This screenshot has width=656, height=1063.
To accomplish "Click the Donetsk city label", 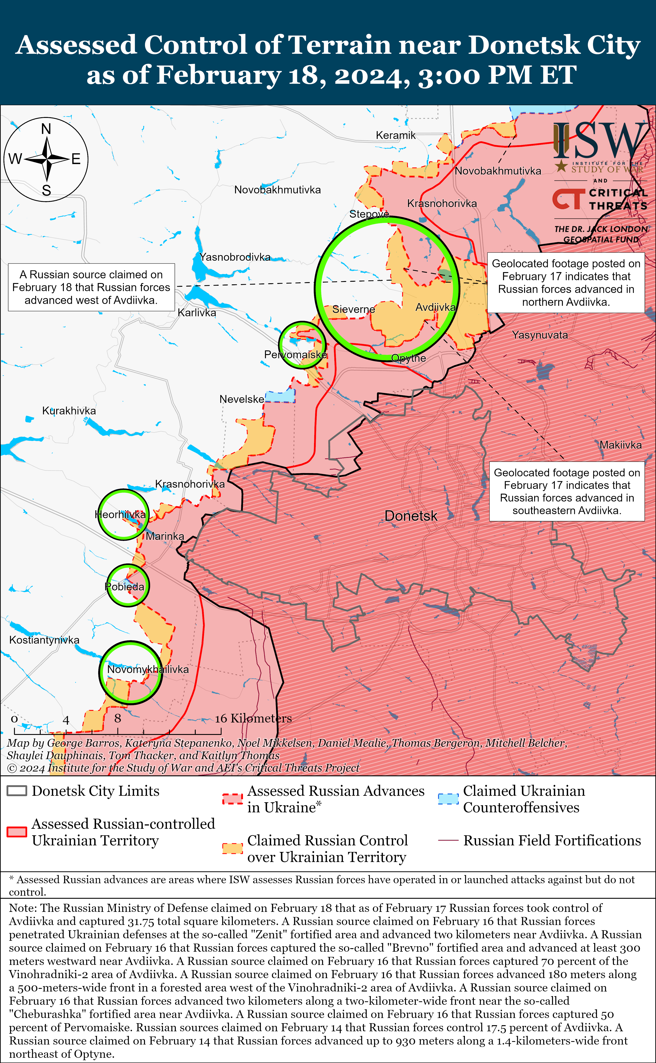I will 411,516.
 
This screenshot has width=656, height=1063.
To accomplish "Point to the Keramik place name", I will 396,135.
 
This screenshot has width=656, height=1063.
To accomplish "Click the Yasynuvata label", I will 540,335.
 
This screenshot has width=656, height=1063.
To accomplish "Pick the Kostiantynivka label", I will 44,640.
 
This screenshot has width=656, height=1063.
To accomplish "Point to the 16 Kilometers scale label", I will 253,719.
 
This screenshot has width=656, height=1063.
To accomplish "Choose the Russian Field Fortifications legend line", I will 448,840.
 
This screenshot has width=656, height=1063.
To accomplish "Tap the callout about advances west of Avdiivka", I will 92,287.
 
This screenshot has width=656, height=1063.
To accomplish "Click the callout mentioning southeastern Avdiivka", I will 567,492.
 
